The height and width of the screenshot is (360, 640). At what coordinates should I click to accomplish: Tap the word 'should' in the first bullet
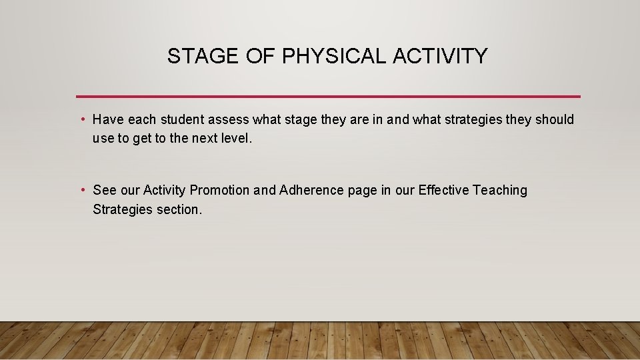(x=555, y=119)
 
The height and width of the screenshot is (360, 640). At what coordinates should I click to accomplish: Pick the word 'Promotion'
(x=220, y=190)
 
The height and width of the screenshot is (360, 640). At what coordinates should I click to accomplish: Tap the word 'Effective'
(x=443, y=190)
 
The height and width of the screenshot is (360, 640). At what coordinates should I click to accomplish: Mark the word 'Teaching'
(x=500, y=190)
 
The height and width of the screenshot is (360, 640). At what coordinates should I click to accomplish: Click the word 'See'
(x=105, y=190)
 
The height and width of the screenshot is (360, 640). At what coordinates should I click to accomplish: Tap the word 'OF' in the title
(x=255, y=57)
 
